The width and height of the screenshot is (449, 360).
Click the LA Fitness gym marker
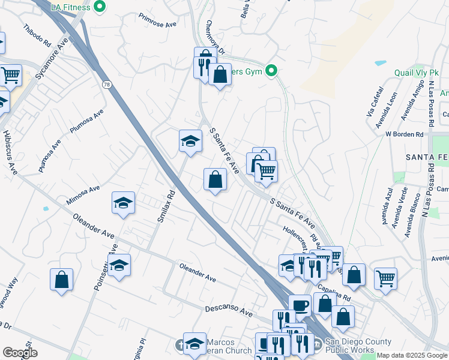coord(100,7)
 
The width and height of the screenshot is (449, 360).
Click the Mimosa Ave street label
coord(83,193)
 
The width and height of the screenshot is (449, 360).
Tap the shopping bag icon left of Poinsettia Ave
coord(61,280)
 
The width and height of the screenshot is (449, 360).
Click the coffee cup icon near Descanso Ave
coord(300,305)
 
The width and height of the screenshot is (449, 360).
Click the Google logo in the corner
coord(20,353)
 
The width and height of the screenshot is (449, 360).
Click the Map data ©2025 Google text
coord(412,355)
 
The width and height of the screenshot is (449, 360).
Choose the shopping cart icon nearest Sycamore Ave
coord(10,75)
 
